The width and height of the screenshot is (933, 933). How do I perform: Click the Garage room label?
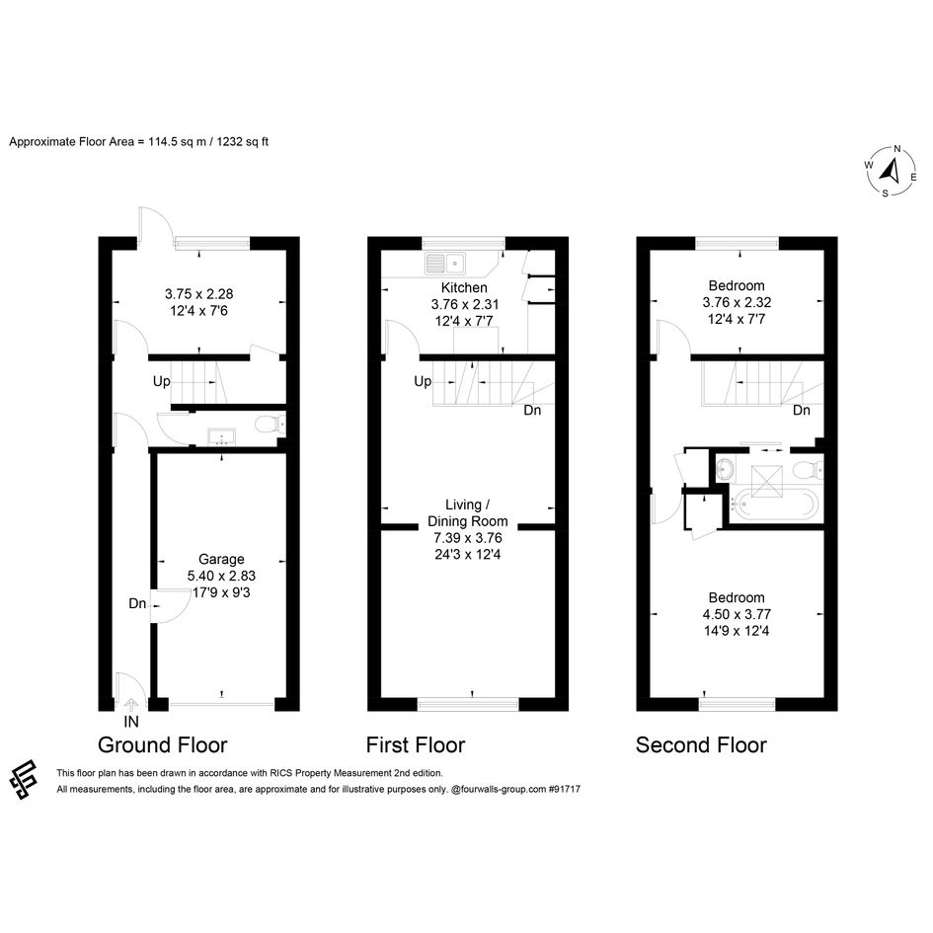point(221,560)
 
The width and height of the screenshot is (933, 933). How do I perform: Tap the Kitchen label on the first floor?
point(465,288)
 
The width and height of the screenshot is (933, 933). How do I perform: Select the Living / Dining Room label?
point(468,513)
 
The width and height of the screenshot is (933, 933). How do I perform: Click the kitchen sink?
point(445,263)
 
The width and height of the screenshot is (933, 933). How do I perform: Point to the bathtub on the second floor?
point(775,505)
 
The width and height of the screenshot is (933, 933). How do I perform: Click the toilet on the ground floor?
point(270,426)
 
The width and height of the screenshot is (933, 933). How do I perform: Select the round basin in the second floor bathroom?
point(726,469)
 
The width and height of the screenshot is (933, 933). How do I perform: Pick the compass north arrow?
point(891,171)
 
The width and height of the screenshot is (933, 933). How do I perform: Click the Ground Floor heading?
point(163,745)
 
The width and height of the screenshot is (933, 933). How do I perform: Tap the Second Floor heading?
point(701,745)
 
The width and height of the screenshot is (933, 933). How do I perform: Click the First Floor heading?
point(416,745)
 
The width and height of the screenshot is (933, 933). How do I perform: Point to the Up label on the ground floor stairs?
point(162,381)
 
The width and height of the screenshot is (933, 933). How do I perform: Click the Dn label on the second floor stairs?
point(802,410)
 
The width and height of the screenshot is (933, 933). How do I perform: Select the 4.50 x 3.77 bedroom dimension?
point(737,614)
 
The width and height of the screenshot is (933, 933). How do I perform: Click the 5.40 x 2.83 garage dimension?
point(221,576)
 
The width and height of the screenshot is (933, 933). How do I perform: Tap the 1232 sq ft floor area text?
point(242,142)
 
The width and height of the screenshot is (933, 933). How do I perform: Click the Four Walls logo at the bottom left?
point(24,779)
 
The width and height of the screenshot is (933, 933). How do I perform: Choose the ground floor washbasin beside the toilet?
point(221,437)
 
